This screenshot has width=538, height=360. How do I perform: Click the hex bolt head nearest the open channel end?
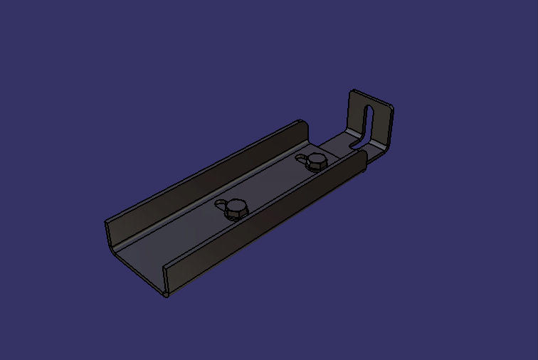point(236,208)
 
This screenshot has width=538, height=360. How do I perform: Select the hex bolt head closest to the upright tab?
point(315,163)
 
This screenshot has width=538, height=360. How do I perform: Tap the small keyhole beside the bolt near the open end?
point(222,205)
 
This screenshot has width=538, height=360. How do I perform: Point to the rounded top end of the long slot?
point(371,108)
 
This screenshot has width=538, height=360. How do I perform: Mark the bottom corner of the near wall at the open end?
point(166,294)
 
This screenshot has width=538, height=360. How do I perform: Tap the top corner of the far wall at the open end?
point(107,223)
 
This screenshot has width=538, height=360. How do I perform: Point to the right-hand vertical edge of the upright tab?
point(391,128)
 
